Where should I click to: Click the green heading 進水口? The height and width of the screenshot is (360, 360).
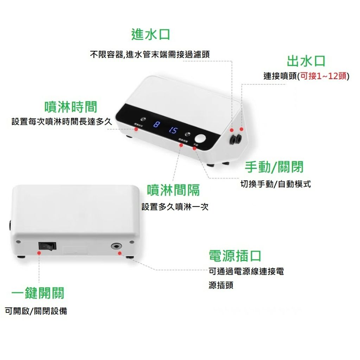click(x=150, y=34)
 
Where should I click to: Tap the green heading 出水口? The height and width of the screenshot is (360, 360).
click(x=306, y=61)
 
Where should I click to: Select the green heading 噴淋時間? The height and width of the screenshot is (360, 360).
click(x=71, y=107)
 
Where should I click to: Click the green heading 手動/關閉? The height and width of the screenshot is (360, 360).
click(x=274, y=167)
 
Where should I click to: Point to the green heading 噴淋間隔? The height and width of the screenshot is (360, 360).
click(x=173, y=190)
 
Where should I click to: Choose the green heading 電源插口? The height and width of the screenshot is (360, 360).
click(x=235, y=256)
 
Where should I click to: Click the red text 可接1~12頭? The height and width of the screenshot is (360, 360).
click(x=323, y=76)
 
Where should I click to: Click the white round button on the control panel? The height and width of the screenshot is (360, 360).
click(x=201, y=138)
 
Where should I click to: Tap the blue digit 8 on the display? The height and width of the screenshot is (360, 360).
click(x=157, y=125)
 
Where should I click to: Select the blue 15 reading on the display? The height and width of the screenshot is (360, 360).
click(x=173, y=130)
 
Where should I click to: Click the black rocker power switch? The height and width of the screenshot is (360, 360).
click(x=47, y=246)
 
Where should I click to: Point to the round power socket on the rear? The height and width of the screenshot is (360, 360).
click(x=115, y=246)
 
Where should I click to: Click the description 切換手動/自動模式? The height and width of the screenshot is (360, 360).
click(x=275, y=184)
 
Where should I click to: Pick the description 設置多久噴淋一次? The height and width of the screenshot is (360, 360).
click(x=175, y=207)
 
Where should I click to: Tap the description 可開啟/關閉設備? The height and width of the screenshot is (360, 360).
click(x=36, y=311)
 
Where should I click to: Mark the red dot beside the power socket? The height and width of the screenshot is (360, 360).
click(x=120, y=253)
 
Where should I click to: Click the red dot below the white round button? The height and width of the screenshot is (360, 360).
click(x=195, y=148)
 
